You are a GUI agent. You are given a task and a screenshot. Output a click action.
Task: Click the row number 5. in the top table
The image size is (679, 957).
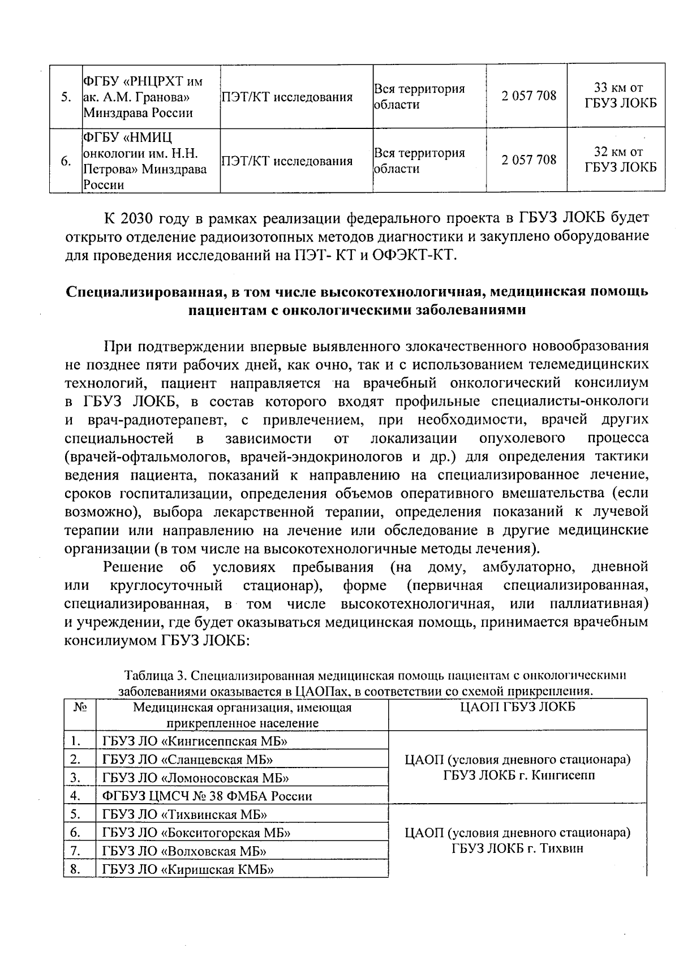(66, 97)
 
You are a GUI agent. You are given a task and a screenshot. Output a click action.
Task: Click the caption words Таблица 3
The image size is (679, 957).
(155, 676)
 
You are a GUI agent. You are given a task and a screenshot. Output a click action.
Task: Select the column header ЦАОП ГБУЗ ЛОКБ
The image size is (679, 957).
(517, 707)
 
